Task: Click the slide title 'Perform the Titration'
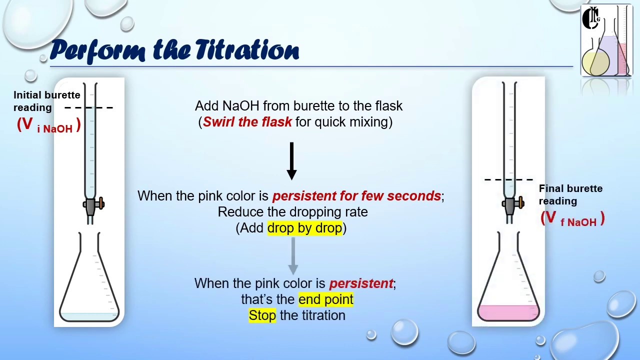point(174,50)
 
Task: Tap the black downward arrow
point(292,160)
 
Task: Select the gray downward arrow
point(293,255)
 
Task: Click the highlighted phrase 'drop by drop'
point(304,228)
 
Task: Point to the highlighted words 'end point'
point(325,299)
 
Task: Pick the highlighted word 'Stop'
point(262,315)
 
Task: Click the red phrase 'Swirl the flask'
point(247,122)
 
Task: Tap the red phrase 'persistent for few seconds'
point(356,196)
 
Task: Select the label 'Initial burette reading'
point(46,101)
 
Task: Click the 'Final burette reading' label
point(570,194)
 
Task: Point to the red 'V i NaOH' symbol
point(48,125)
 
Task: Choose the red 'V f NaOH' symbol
point(572,219)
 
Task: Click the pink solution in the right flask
point(508,313)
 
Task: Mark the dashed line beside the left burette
point(89,107)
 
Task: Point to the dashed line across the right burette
point(508,179)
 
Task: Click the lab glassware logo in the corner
point(606,41)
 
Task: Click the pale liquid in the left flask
point(89,316)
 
